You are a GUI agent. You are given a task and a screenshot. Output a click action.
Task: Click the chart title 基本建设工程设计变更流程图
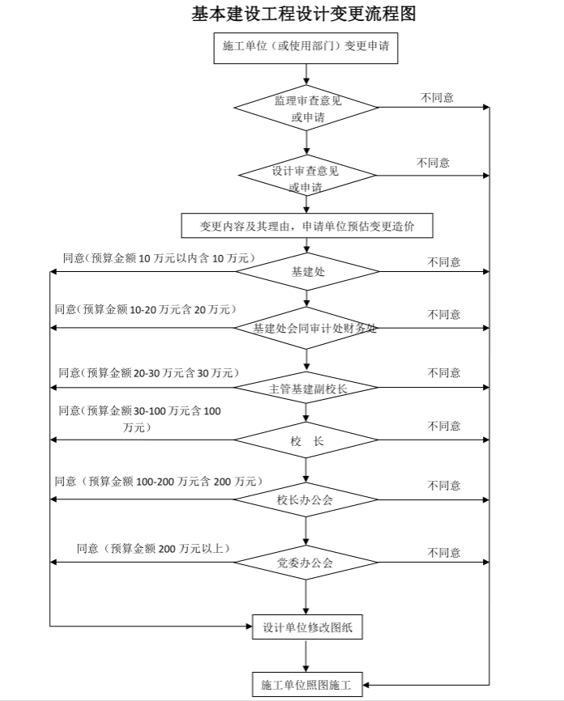point(305,14)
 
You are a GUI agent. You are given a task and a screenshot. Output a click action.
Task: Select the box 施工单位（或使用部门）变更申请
point(305,46)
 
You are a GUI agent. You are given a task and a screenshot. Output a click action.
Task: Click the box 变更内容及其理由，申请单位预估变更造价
point(307,226)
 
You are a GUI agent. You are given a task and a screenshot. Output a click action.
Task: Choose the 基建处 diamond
point(307,272)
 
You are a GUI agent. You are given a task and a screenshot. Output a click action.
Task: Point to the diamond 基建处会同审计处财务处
point(307,329)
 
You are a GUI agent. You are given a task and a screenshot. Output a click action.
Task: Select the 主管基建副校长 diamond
point(307,388)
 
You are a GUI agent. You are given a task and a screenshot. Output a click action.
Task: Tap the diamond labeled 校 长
point(307,441)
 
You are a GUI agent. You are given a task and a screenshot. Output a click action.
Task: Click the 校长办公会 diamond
point(307,499)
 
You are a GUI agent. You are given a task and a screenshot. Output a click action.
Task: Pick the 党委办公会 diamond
point(307,562)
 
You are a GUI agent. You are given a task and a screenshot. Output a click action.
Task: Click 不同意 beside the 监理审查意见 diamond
point(437,98)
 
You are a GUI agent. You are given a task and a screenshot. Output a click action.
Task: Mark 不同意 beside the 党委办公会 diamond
point(444,553)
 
